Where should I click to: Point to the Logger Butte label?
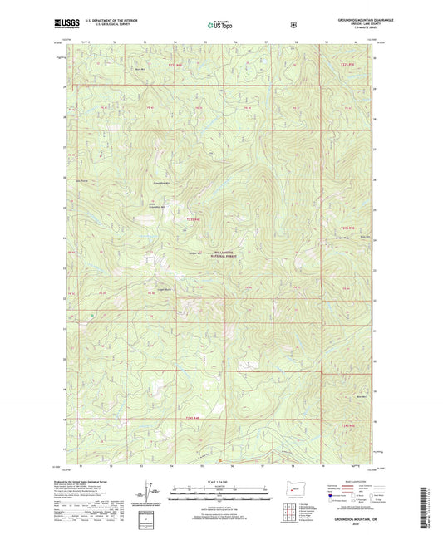[164, 289]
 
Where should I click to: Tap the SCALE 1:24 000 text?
[219, 483]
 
